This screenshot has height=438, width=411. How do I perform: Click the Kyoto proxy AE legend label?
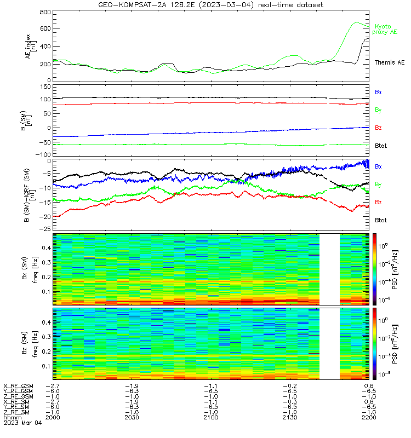(385, 30)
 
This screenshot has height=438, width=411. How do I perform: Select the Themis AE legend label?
(390, 62)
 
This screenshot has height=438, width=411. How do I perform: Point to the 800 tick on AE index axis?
(45, 12)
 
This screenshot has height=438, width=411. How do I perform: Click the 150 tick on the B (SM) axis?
(45, 87)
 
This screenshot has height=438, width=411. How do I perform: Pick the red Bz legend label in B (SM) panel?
(378, 128)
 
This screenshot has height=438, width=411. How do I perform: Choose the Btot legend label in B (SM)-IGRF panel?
(381, 220)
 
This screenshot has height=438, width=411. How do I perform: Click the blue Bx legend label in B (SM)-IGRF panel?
(378, 166)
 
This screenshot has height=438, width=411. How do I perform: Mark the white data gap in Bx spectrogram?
(330, 269)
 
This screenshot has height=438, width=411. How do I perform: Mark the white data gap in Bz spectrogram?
(330, 344)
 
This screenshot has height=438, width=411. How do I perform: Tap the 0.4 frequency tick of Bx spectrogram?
(47, 248)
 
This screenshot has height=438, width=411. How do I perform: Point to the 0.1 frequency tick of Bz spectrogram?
(47, 366)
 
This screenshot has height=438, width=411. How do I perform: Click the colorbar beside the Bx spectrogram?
(374, 269)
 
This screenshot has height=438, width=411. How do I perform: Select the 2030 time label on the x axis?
(132, 417)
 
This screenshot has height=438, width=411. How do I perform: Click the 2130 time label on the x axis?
(290, 417)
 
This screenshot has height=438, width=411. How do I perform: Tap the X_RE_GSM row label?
(18, 387)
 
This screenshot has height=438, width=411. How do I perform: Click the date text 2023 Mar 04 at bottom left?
(22, 423)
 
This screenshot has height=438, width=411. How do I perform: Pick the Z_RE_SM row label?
(16, 412)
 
